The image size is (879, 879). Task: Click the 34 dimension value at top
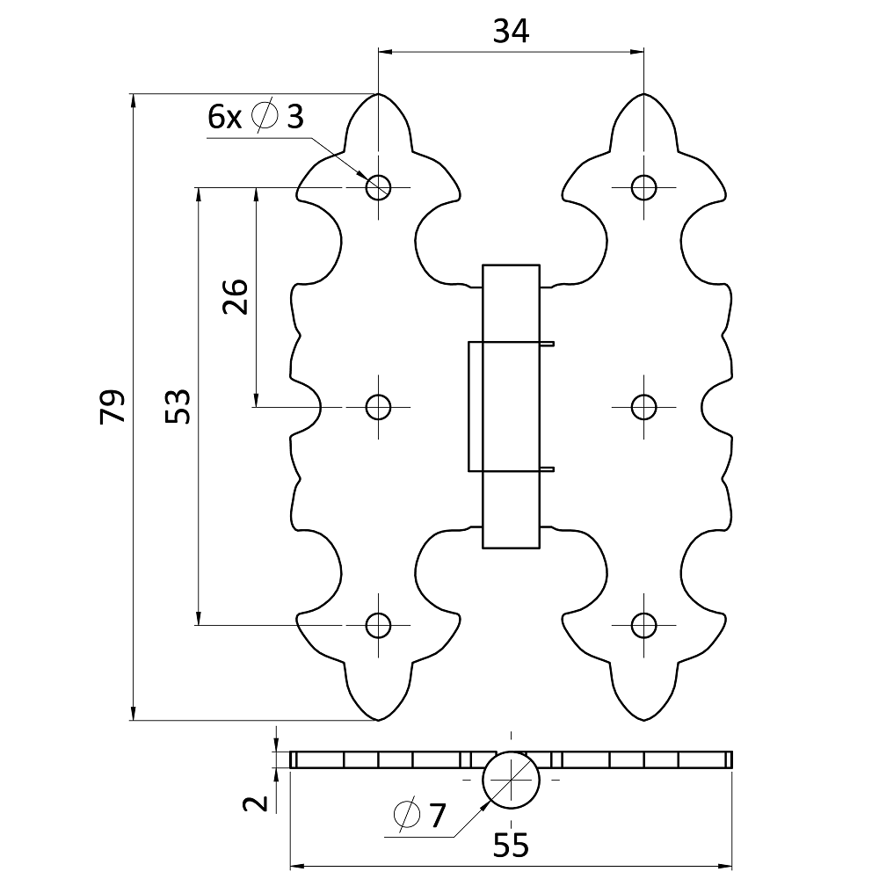511,32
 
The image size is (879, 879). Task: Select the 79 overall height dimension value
113,406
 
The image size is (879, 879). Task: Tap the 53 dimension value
178,406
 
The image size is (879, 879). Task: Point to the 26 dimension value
236,296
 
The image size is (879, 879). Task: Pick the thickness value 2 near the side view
255,804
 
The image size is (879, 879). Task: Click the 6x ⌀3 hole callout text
256,116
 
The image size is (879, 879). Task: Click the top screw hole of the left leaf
378,187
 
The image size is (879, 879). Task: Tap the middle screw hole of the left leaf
378,407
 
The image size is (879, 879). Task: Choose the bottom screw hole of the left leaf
378,625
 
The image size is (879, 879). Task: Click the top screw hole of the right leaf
643,187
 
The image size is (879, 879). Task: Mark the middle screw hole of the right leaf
643,407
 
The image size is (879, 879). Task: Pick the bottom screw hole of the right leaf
643,625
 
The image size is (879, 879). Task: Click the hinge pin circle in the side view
511,780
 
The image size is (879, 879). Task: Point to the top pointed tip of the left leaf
378,94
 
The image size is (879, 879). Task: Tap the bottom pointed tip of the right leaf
643,720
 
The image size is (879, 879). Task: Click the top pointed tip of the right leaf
643,94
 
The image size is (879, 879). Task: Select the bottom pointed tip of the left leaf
378,720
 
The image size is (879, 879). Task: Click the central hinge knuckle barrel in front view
511,406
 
